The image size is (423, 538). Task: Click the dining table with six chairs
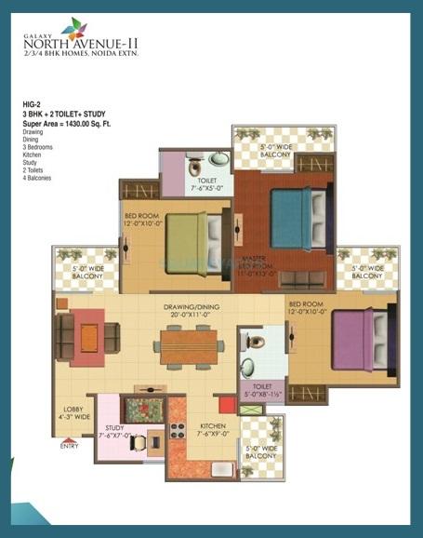click(191, 346)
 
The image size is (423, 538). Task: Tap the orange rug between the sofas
click(89, 334)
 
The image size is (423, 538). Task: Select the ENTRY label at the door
click(69, 447)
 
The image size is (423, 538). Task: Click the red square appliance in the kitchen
click(225, 404)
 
